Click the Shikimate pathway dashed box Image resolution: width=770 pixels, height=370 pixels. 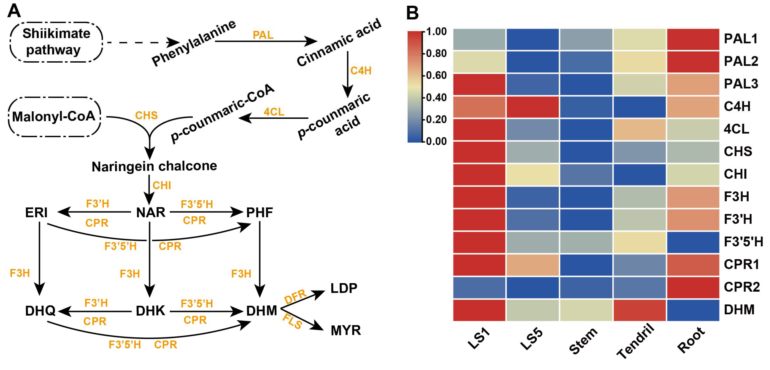(56, 42)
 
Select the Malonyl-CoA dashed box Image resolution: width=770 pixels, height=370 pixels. (54, 117)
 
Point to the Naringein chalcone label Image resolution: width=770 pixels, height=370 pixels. (154, 166)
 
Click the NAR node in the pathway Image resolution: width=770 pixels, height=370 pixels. (151, 212)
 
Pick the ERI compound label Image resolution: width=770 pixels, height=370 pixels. (36, 213)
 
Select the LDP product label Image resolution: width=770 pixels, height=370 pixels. (344, 288)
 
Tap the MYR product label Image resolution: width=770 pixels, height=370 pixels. (346, 330)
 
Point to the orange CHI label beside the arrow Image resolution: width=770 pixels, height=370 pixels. (162, 185)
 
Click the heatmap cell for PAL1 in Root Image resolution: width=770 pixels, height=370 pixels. (693, 39)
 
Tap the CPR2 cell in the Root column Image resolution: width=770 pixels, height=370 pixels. (693, 287)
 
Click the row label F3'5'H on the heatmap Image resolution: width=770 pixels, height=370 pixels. (743, 242)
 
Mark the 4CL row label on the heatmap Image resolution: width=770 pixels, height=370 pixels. (736, 129)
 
